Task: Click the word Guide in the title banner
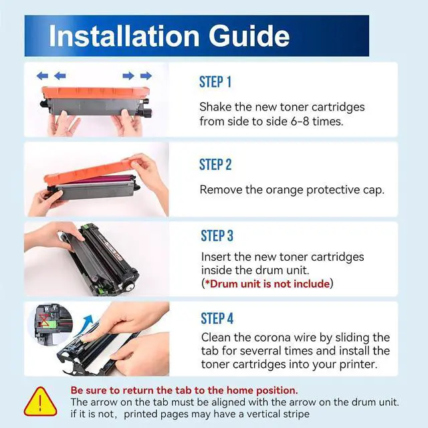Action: [249, 36]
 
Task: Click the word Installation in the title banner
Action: [124, 36]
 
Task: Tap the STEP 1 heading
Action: [215, 82]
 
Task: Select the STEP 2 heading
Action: [215, 165]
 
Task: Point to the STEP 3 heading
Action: [217, 236]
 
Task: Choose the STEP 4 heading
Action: [217, 318]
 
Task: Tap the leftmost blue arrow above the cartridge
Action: [42, 76]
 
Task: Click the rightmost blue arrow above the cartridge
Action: [146, 76]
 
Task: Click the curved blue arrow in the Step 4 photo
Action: [83, 326]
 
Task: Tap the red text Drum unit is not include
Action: [270, 284]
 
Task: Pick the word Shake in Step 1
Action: [215, 107]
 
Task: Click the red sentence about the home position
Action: [185, 391]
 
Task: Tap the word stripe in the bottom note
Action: [296, 415]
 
